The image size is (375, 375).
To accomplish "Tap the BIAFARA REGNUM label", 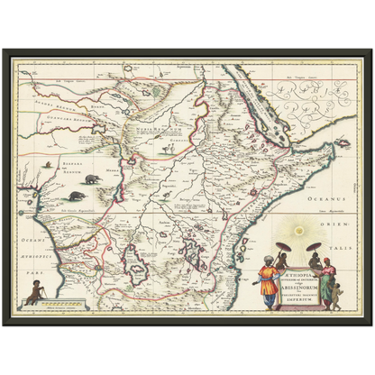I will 60,165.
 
